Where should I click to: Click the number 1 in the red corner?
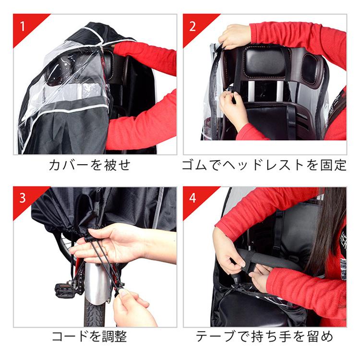[22, 25]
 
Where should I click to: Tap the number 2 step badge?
[192, 25]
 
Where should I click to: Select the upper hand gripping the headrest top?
[235, 36]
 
